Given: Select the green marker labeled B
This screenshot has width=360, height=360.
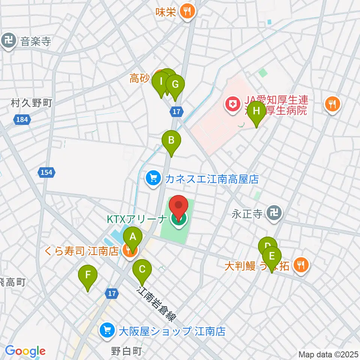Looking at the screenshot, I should click(171, 141).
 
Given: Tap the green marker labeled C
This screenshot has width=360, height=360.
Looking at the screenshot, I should click(142, 269).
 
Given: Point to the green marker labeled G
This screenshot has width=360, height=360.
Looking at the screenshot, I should click(175, 85).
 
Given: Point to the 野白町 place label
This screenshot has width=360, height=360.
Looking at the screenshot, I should click(127, 351).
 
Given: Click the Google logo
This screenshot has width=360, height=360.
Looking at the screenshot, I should click(25, 351).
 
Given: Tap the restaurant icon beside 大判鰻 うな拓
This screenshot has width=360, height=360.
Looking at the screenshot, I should click(300, 265).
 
